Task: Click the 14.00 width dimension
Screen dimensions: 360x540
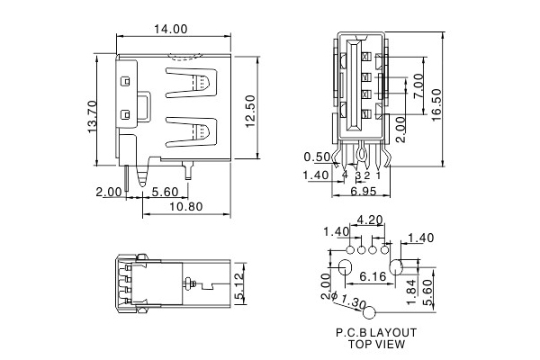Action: click(x=170, y=29)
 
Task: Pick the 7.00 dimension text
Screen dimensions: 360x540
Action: click(x=418, y=86)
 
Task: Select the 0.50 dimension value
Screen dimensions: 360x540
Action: click(x=316, y=155)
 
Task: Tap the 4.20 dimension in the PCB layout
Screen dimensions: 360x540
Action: click(x=370, y=220)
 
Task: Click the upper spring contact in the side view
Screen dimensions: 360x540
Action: click(x=201, y=84)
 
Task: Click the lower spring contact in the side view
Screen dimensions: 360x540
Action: click(x=201, y=132)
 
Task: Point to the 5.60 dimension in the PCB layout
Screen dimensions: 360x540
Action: click(x=429, y=288)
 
